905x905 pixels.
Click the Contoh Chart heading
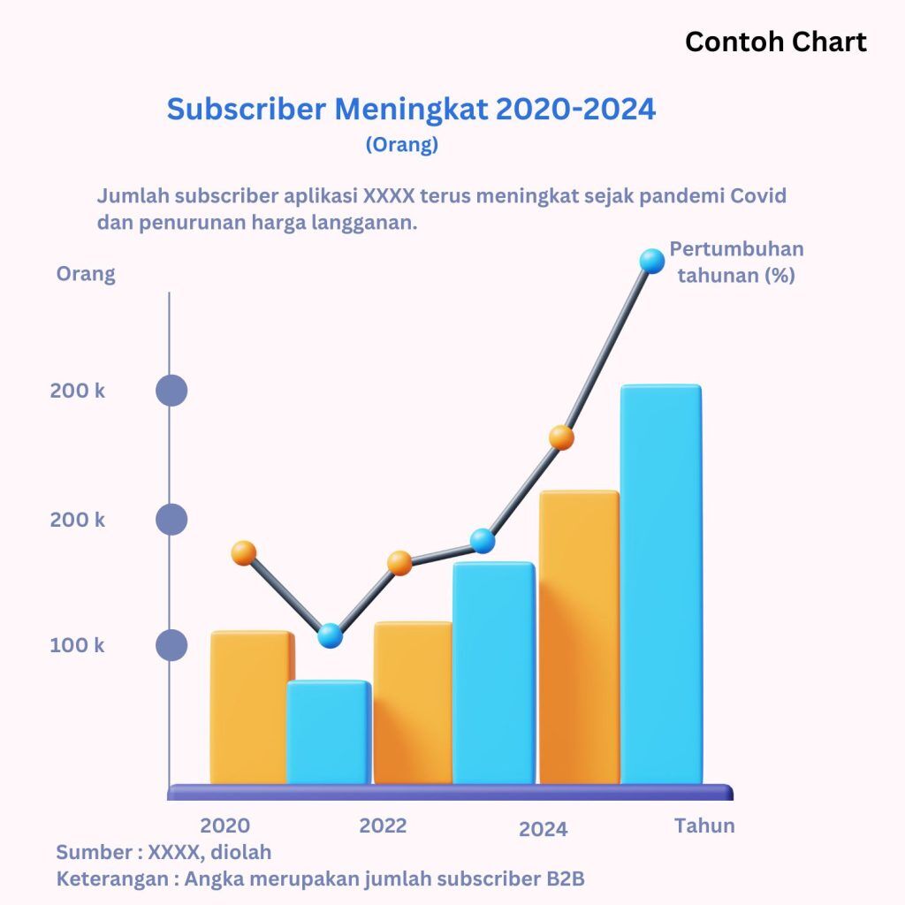(x=775, y=42)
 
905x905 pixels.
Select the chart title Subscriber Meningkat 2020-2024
(x=411, y=110)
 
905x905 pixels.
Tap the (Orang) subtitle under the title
(x=401, y=145)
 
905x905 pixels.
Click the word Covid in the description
(x=758, y=195)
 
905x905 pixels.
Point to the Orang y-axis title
(x=86, y=274)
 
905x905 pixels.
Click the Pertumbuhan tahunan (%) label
(x=736, y=262)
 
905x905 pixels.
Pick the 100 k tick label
(x=77, y=645)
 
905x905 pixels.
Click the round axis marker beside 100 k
(x=171, y=645)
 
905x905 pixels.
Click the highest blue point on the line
(x=651, y=261)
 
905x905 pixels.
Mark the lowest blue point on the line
(x=330, y=635)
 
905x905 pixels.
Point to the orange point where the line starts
(x=244, y=553)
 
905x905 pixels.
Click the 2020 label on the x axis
(x=224, y=826)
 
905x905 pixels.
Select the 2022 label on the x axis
(x=383, y=826)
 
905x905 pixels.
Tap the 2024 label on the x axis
(x=543, y=829)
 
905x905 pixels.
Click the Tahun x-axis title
(x=704, y=825)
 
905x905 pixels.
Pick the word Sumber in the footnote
(x=91, y=853)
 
